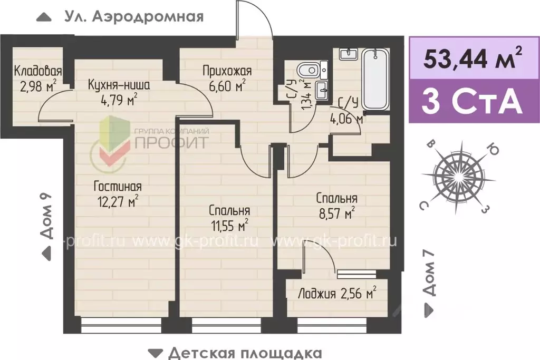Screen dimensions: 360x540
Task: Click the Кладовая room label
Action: pyautogui.click(x=38, y=71)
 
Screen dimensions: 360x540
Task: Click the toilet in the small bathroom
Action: pyautogui.click(x=306, y=69)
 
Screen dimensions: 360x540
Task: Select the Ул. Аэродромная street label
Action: pyautogui.click(x=133, y=17)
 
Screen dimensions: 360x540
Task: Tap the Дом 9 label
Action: pyautogui.click(x=47, y=216)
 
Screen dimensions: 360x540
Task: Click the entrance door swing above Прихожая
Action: pyautogui.click(x=254, y=21)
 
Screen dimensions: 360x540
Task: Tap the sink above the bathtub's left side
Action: pyautogui.click(x=349, y=54)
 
